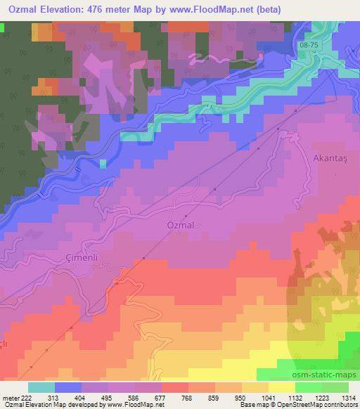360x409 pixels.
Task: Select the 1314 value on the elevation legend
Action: (x=349, y=397)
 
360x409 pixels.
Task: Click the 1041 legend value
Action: (x=268, y=397)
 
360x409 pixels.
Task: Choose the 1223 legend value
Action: (x=322, y=397)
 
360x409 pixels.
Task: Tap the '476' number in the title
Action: (x=115, y=11)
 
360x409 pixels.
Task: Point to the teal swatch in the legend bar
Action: (x=41, y=387)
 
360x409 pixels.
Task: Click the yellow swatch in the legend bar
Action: (x=281, y=387)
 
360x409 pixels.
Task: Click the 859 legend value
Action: (x=215, y=397)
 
